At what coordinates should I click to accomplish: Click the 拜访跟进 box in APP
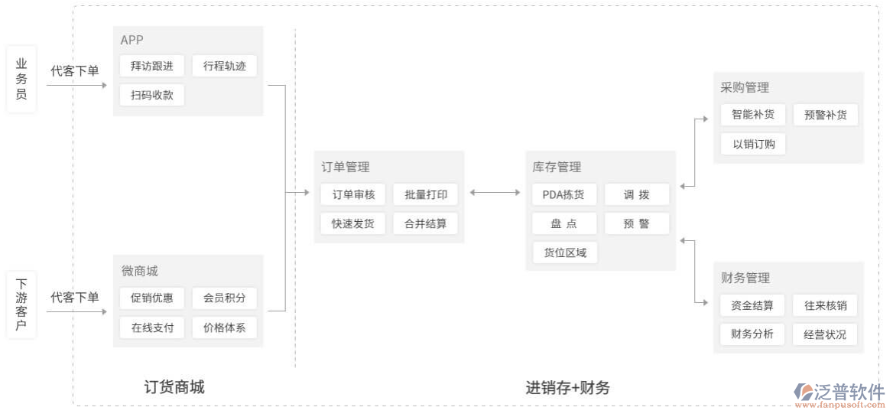(x=152, y=67)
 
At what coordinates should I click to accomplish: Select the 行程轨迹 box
(x=225, y=67)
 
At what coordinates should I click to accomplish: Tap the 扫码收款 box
(x=152, y=96)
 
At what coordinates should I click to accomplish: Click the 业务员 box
(x=21, y=80)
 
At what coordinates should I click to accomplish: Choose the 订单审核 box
(x=353, y=195)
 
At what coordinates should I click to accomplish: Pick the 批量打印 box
(x=426, y=195)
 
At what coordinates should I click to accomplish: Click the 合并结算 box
(x=426, y=224)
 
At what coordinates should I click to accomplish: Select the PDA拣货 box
(x=564, y=195)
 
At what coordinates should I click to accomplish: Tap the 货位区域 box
(x=564, y=252)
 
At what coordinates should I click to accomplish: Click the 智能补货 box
(x=752, y=115)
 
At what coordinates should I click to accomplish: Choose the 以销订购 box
(x=752, y=144)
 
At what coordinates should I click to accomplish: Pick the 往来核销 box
(x=825, y=306)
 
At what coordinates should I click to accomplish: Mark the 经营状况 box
(x=825, y=334)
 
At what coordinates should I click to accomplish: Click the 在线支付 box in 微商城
(x=152, y=328)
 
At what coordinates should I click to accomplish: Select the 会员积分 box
(x=225, y=298)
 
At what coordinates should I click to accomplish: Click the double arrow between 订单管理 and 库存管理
(x=495, y=193)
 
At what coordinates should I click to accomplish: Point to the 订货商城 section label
(x=174, y=387)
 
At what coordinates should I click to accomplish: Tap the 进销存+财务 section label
(x=567, y=388)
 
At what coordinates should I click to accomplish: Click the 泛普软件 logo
(x=839, y=393)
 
